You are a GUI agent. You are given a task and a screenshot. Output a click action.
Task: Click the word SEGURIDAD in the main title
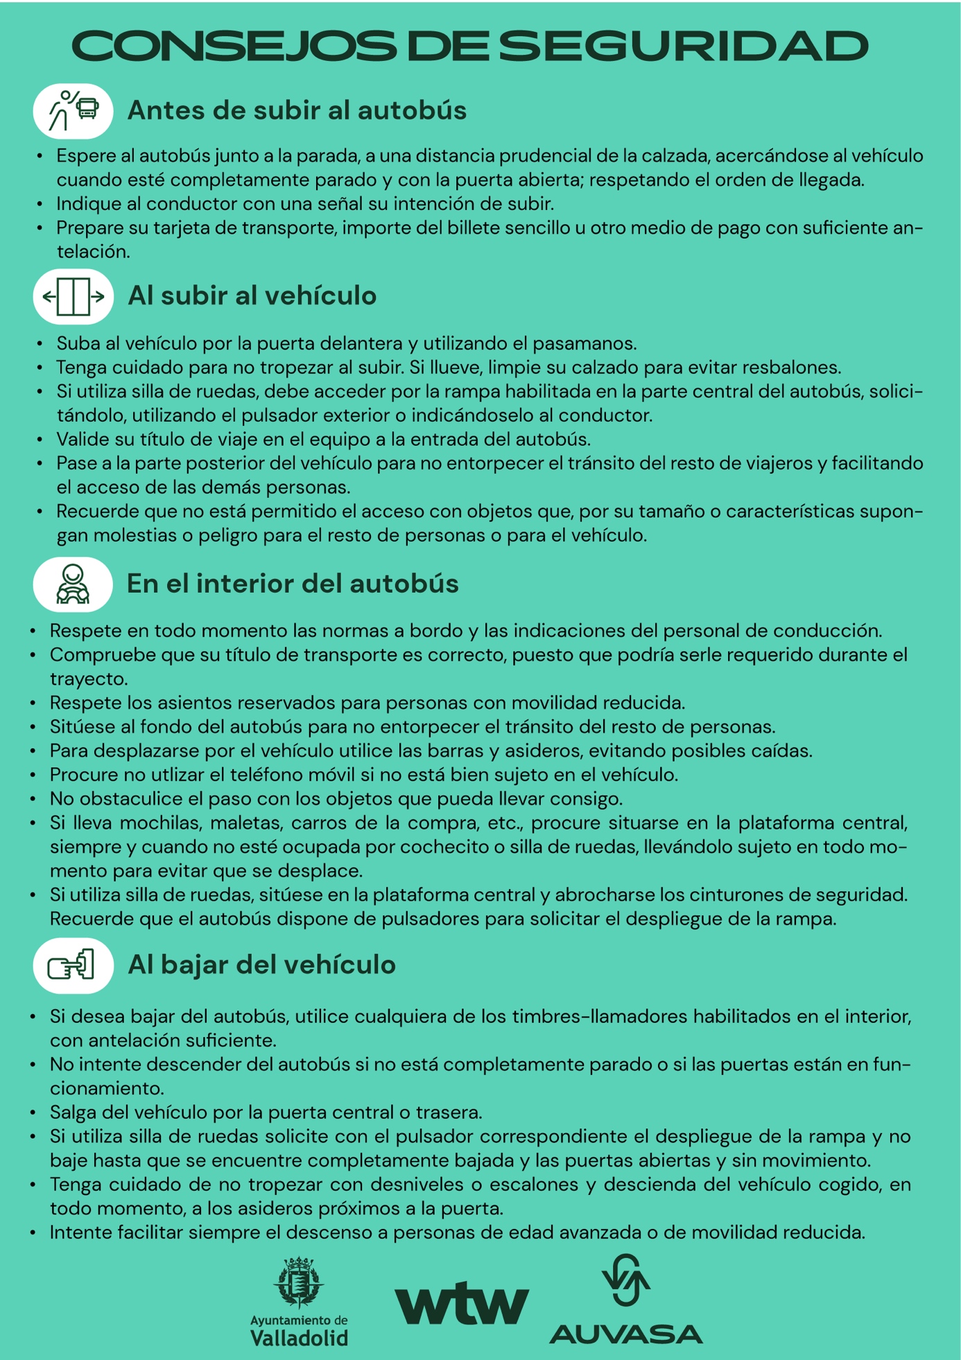683,46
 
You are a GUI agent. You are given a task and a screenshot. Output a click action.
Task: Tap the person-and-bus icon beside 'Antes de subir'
73,111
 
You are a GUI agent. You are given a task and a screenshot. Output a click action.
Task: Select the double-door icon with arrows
73,297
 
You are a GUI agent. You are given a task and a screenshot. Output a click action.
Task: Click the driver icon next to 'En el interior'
73,584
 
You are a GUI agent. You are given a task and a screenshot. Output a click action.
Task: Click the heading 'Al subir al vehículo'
252,296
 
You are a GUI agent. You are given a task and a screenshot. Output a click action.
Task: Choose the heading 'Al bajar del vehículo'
261,965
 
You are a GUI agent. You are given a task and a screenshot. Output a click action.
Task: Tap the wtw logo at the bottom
462,1305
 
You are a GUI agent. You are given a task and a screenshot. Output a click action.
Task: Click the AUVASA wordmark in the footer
625,1334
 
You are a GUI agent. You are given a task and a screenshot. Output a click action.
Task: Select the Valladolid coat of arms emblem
299,1283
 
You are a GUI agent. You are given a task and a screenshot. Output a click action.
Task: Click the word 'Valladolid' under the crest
299,1337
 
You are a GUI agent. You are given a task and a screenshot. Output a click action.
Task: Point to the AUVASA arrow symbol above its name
625,1280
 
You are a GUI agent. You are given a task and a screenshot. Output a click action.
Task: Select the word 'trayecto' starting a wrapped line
88,679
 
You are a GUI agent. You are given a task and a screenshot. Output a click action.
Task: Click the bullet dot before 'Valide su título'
40,440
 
